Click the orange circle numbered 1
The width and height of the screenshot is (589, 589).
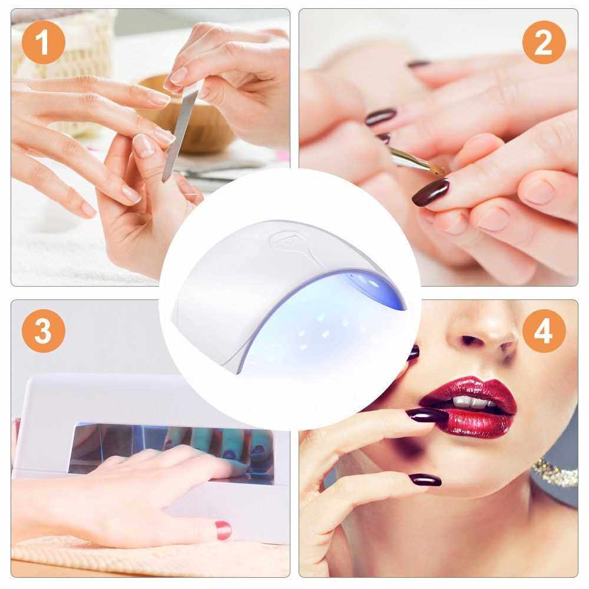point(44,42)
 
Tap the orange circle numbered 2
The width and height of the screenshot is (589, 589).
point(544,42)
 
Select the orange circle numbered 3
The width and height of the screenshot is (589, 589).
point(44,330)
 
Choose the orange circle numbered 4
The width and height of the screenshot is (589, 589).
point(544,330)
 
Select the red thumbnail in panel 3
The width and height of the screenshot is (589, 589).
point(223,530)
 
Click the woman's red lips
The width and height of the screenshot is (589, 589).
point(468,408)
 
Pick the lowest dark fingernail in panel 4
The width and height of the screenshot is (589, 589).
point(425,479)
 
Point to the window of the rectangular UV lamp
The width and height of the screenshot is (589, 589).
point(171,449)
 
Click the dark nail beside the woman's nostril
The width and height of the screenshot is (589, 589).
point(413,352)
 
